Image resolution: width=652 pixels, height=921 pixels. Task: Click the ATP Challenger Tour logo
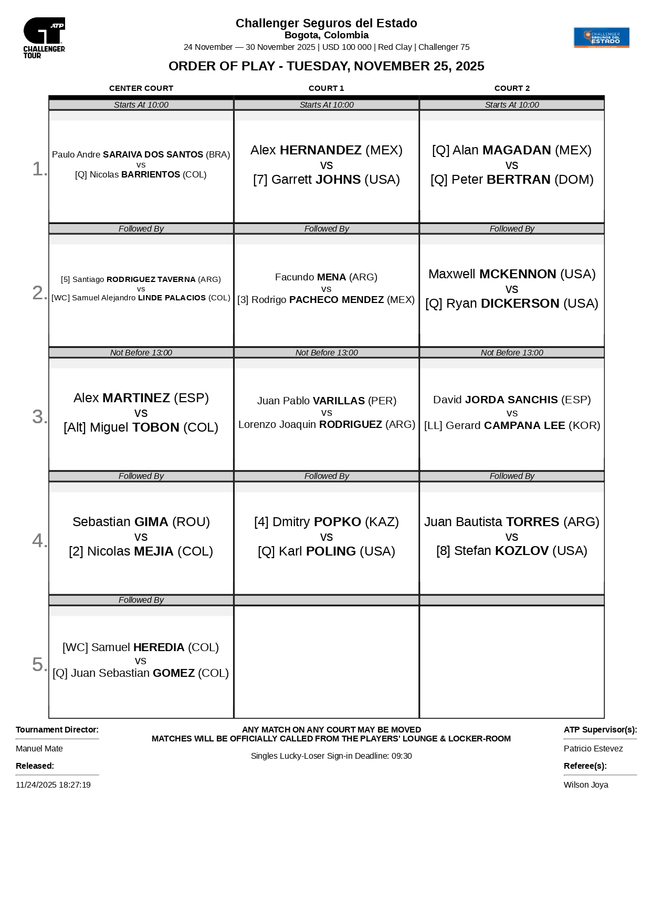pyautogui.click(x=44, y=37)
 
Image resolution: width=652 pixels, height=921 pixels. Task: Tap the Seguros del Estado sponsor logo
pyautogui.click(x=601, y=38)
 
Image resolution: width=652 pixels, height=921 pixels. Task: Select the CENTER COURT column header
pyautogui.click(x=141, y=88)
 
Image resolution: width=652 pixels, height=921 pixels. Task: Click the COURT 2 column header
pyautogui.click(x=512, y=88)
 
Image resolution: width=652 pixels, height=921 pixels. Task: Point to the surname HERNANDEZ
pyautogui.click(x=320, y=150)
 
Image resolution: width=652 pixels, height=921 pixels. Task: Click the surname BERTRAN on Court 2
pyautogui.click(x=518, y=180)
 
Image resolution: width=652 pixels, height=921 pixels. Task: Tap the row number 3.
pyautogui.click(x=39, y=416)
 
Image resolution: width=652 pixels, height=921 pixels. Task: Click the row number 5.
pyautogui.click(x=39, y=664)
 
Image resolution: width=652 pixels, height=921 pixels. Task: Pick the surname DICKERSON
pyautogui.click(x=520, y=303)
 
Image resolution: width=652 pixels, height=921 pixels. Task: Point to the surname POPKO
pyautogui.click(x=337, y=522)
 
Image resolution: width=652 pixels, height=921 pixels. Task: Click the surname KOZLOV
pyautogui.click(x=522, y=551)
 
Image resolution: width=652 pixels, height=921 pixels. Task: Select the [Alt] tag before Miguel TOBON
pyautogui.click(x=75, y=427)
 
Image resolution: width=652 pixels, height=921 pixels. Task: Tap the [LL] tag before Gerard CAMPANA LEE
pyautogui.click(x=433, y=425)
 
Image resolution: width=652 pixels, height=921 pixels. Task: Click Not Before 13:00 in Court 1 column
pyautogui.click(x=326, y=353)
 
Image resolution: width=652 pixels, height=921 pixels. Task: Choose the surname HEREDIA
pyautogui.click(x=159, y=647)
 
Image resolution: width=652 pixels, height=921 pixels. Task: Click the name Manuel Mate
pyautogui.click(x=39, y=749)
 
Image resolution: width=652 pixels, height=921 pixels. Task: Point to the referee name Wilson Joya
pyautogui.click(x=586, y=785)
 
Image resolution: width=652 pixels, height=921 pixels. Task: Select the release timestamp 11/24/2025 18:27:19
pyautogui.click(x=53, y=785)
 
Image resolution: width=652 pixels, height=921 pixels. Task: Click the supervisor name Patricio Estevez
pyautogui.click(x=593, y=749)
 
